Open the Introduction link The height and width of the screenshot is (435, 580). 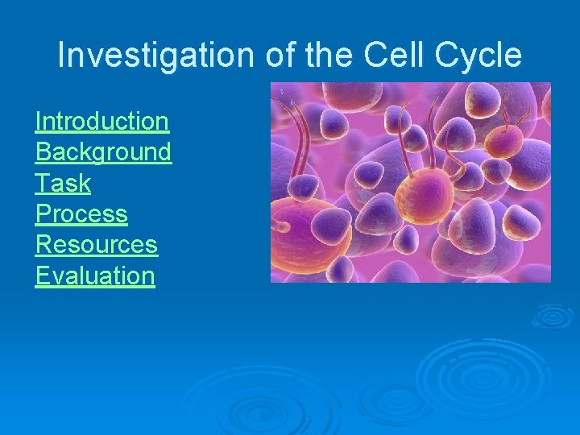pos(102,122)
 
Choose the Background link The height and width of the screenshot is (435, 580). pos(103,152)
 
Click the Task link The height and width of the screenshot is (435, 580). pos(63,183)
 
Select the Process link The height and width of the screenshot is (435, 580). pos(81,214)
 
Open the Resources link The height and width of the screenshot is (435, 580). pos(97,245)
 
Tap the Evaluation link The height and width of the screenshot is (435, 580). pos(95,275)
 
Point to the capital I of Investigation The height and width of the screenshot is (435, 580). pos(62,56)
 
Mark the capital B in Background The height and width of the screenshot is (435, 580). pos(43,152)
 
